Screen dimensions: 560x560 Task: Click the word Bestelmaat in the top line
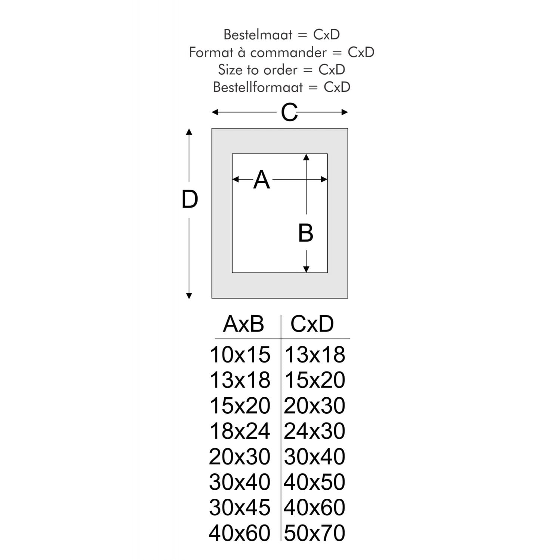tap(258, 34)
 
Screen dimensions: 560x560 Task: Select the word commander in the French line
tap(288, 52)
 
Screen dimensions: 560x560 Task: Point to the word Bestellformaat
tap(258, 87)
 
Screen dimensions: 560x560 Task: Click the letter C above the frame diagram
tap(289, 112)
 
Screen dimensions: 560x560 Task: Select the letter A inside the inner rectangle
tap(261, 180)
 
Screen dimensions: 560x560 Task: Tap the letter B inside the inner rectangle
tap(305, 233)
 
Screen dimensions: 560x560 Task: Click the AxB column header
tap(243, 324)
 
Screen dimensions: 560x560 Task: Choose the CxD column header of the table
tap(312, 324)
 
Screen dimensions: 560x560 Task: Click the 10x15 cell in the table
tap(240, 354)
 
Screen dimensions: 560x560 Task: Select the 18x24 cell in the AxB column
tap(240, 431)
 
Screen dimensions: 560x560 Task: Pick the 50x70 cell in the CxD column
tap(315, 533)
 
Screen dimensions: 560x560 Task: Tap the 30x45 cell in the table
tap(240, 507)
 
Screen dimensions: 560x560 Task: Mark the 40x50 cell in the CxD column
tap(315, 482)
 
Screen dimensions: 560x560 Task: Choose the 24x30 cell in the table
tap(315, 431)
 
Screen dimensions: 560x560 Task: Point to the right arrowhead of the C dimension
tap(345, 112)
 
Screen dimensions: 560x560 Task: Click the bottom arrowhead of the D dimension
tap(189, 296)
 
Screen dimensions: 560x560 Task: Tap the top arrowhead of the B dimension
tap(306, 157)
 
